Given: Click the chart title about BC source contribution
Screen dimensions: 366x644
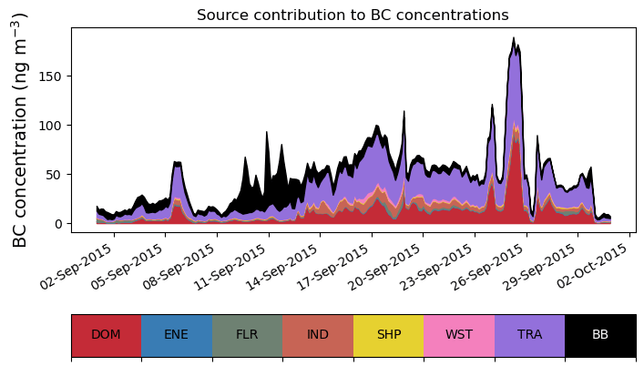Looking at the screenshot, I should point(353,15).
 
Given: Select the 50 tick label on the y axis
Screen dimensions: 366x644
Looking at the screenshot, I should point(55,174).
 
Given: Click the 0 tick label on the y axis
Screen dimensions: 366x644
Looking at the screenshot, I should point(58,223).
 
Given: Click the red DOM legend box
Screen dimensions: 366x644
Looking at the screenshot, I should point(106,334).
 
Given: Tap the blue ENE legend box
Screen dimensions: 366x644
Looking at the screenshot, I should point(177,334).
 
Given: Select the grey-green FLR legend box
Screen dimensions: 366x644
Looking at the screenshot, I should point(247,334).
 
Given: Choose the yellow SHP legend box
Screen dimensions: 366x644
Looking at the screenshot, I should point(388,334).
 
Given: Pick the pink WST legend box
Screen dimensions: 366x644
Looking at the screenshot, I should point(459,334).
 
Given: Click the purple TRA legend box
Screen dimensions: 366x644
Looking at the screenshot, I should point(529,334).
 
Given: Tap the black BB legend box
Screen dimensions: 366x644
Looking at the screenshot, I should point(600,334).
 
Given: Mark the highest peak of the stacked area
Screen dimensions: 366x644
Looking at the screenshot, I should point(514,38).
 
